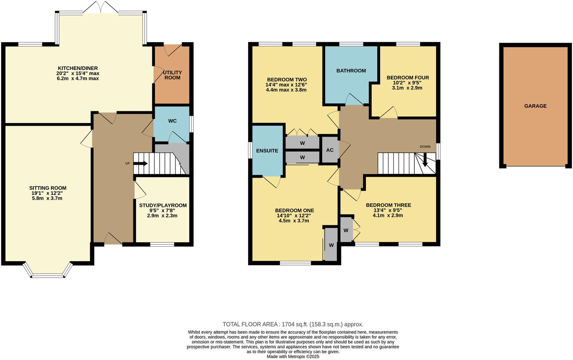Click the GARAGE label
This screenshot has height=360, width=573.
[535, 106]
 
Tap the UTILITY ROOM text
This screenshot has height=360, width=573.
[173, 75]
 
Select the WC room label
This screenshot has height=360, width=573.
[172, 121]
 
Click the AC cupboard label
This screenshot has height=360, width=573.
[330, 150]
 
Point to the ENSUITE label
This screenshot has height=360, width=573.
[267, 151]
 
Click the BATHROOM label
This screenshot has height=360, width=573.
[351, 71]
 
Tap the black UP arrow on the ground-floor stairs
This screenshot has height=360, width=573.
[141, 164]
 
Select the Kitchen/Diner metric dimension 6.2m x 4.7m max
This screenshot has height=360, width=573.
[78, 79]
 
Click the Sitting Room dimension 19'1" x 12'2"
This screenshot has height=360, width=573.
[47, 193]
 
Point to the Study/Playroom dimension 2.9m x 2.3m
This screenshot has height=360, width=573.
[162, 216]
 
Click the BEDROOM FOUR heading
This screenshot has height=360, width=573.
[408, 78]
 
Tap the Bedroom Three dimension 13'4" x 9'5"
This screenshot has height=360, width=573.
[388, 210]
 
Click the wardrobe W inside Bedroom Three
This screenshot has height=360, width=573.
[346, 230]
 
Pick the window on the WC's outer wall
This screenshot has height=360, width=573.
[191, 124]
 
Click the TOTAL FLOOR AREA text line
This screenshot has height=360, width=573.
[293, 324]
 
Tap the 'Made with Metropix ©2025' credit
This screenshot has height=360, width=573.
[293, 356]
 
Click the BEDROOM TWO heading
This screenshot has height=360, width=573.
[286, 80]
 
